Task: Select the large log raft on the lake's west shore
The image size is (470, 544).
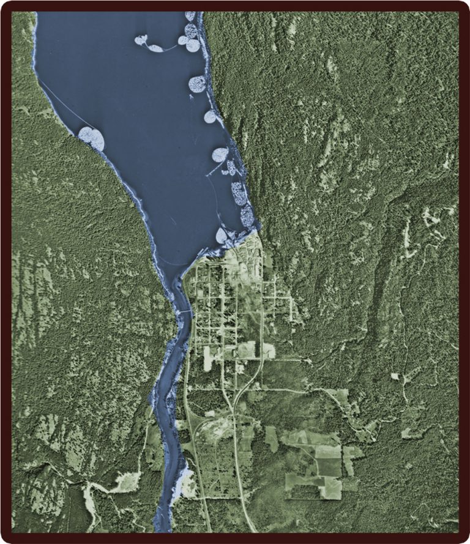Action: [x=92, y=138]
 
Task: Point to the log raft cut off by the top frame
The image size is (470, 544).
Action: [x=190, y=16]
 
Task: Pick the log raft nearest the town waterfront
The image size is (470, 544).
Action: [x=222, y=236]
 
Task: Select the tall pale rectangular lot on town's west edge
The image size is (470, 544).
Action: [x=207, y=359]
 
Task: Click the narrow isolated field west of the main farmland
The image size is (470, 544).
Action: [x=271, y=439]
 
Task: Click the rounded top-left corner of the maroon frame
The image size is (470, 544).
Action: [x=7, y=7]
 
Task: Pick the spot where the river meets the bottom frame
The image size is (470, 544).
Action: [x=162, y=531]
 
